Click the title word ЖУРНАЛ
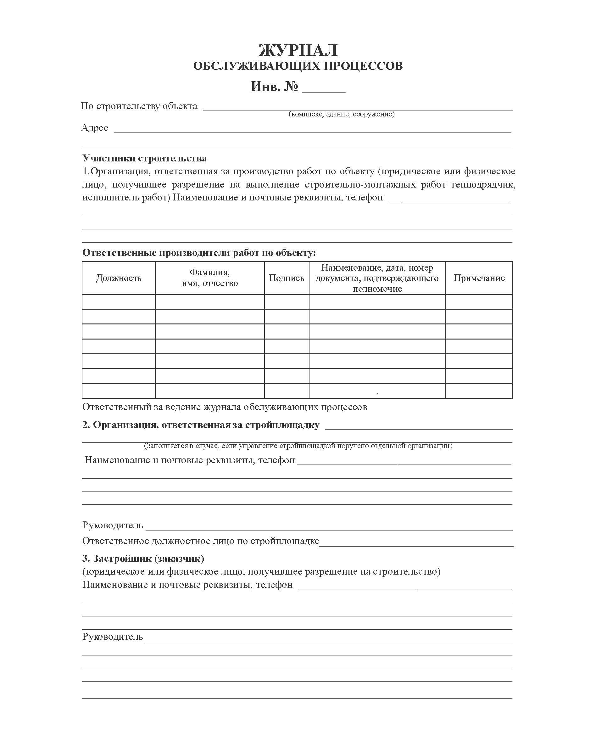(x=298, y=50)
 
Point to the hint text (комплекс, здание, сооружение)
(x=342, y=114)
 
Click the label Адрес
(x=94, y=128)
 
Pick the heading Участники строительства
(x=145, y=158)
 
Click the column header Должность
(x=119, y=278)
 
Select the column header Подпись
(x=286, y=278)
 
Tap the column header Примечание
(x=479, y=278)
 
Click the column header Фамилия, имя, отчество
(x=209, y=278)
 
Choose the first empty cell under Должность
(x=119, y=301)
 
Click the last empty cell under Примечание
(x=479, y=391)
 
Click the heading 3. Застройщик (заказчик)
(x=143, y=559)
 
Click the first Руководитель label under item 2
(x=113, y=525)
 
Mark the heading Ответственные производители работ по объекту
(x=199, y=253)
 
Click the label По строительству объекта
(x=139, y=106)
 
